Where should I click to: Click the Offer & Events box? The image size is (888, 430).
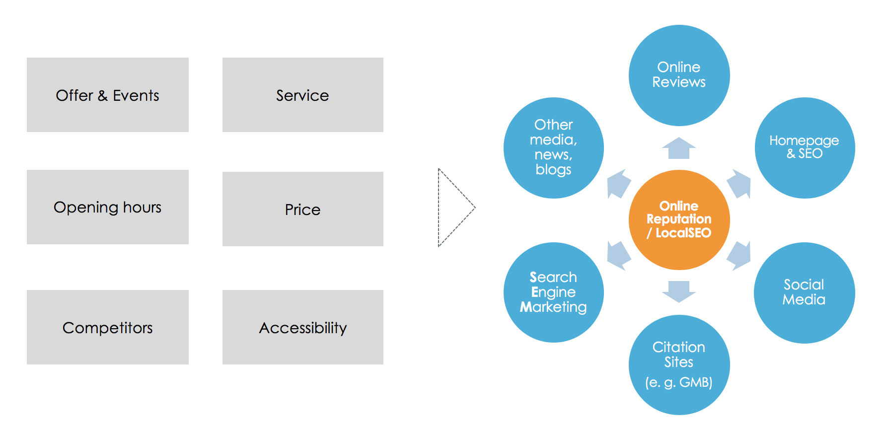pyautogui.click(x=108, y=95)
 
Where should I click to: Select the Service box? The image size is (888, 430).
pyautogui.click(x=303, y=95)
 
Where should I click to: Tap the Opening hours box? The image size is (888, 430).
pyautogui.click(x=108, y=207)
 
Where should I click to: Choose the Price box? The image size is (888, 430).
pyautogui.click(x=303, y=209)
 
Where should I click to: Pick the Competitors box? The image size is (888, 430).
pyautogui.click(x=108, y=327)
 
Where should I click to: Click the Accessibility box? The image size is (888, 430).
pyautogui.click(x=303, y=327)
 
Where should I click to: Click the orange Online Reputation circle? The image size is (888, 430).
pyautogui.click(x=679, y=220)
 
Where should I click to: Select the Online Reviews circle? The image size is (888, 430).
pyautogui.click(x=679, y=75)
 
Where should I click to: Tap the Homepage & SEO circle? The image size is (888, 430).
pyautogui.click(x=805, y=147)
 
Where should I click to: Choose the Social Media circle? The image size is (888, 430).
pyautogui.click(x=805, y=292)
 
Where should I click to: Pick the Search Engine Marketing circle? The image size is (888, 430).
pyautogui.click(x=554, y=292)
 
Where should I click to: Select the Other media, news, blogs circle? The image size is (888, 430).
pyautogui.click(x=554, y=147)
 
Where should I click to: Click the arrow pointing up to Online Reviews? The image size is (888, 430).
pyautogui.click(x=679, y=148)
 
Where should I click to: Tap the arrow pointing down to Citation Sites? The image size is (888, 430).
pyautogui.click(x=679, y=291)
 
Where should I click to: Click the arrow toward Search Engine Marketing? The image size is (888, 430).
pyautogui.click(x=618, y=256)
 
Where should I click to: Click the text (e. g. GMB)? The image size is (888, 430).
pyautogui.click(x=679, y=382)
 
